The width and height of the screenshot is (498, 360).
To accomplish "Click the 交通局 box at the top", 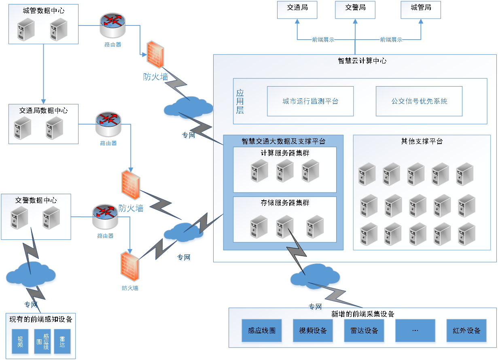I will [x=297, y=9].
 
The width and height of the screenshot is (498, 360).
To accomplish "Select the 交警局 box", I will [x=355, y=9].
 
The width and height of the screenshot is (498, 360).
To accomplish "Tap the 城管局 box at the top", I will [x=421, y=9].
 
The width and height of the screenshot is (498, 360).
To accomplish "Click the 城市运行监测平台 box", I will [x=310, y=101].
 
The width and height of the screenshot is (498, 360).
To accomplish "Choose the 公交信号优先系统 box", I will [x=419, y=101].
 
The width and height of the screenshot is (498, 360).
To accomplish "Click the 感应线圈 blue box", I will [x=262, y=330].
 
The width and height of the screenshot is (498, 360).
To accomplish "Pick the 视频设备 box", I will [x=313, y=330].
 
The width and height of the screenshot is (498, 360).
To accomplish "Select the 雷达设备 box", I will [x=364, y=330].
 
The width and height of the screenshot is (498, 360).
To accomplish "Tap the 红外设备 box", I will [x=466, y=330].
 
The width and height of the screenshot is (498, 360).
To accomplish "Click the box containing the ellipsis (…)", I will [x=415, y=330].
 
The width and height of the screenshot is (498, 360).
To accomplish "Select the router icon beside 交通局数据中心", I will [x=108, y=124].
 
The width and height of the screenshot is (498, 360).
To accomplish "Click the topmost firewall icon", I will [x=155, y=55].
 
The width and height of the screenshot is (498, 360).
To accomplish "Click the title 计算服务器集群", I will [x=285, y=153].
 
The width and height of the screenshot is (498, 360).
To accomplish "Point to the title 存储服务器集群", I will [x=285, y=203].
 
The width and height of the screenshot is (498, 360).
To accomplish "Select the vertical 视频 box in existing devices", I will [x=20, y=342].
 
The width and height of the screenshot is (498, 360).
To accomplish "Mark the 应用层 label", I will [x=240, y=101].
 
